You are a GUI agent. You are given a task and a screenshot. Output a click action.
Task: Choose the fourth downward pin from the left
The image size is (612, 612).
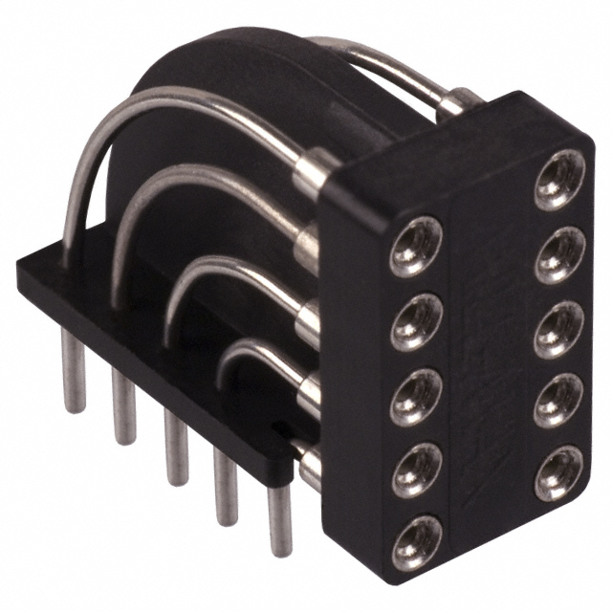tap(227, 488)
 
